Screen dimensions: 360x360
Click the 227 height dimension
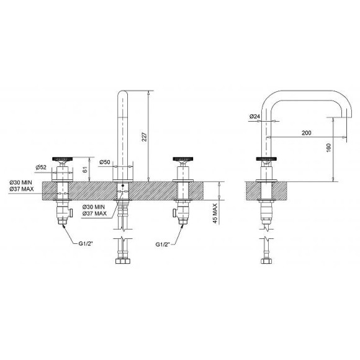(x=144, y=137)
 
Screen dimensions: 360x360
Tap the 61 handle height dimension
(x=84, y=169)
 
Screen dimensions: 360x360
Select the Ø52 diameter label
(x=41, y=167)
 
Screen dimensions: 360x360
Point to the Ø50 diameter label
(x=105, y=162)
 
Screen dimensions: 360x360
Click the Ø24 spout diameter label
(x=254, y=117)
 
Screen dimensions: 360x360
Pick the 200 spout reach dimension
(x=307, y=133)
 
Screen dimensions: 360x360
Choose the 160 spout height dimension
(x=328, y=147)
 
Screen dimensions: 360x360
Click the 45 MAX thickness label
(x=215, y=214)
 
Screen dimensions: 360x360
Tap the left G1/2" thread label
(x=86, y=243)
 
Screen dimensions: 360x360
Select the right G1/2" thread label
(x=163, y=245)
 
